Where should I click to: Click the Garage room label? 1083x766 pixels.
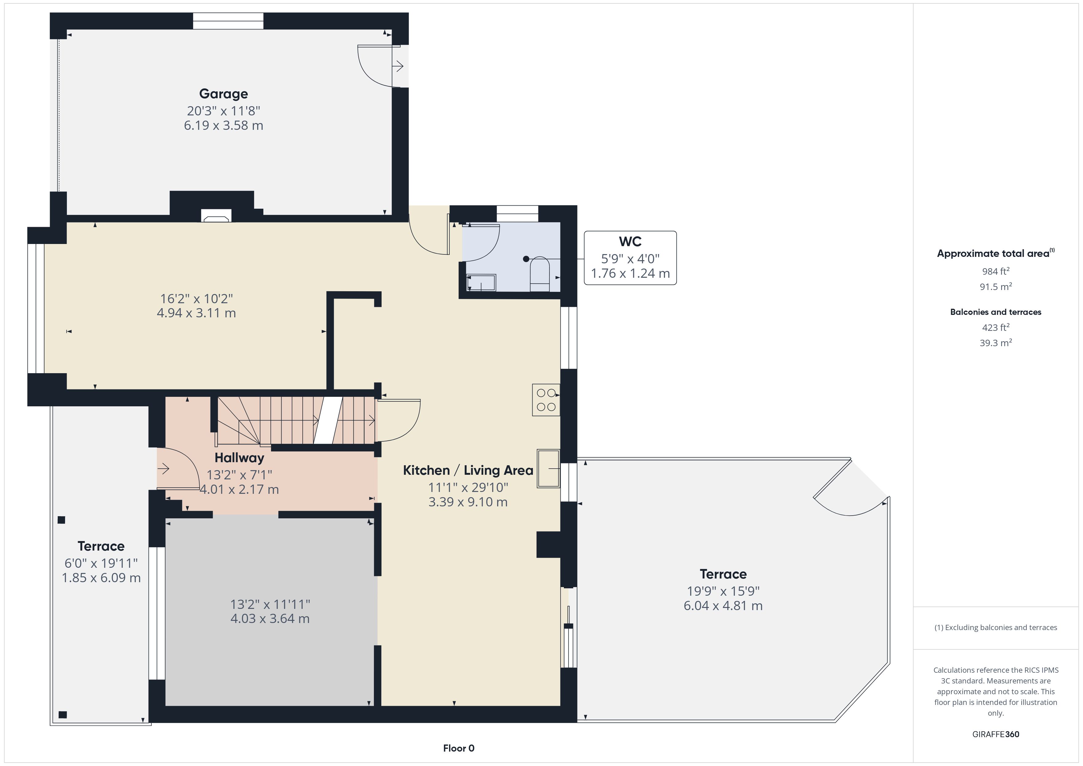[x=223, y=94]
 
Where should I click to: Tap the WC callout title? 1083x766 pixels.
[x=630, y=242]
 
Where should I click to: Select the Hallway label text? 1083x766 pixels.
[x=239, y=458]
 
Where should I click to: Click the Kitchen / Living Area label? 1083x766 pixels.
[x=468, y=470]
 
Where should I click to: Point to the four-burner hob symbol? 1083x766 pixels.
[x=546, y=400]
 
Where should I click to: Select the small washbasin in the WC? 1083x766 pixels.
[x=481, y=283]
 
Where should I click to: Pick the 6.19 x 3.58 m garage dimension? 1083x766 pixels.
[x=223, y=126]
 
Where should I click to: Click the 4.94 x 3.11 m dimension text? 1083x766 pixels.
[x=196, y=313]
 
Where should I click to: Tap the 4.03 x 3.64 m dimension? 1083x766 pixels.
[x=270, y=618]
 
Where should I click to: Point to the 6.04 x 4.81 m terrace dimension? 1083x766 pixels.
[x=723, y=605]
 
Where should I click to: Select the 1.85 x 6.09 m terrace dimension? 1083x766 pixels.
[x=101, y=578]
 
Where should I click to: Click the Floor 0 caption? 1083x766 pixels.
[x=459, y=748]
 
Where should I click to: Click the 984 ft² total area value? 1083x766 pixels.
[x=996, y=271]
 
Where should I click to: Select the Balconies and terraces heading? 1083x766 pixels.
[x=996, y=312]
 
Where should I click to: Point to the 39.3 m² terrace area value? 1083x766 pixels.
[x=996, y=343]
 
